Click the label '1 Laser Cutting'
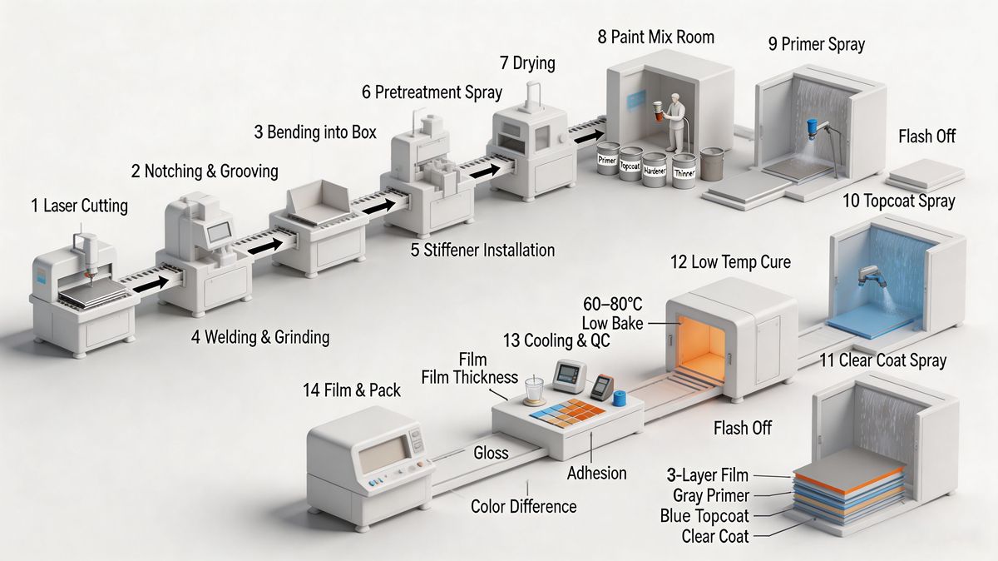coord(79,206)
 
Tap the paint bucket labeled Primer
coord(608,158)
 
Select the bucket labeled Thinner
coord(684,171)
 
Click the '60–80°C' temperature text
coord(613,304)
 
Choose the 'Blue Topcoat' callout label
coord(704,516)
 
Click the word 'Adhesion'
coord(596,473)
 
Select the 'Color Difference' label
coord(523,507)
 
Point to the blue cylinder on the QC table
coord(620,398)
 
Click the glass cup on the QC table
coord(534,390)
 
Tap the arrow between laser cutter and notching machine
coord(151,284)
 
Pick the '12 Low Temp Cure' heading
coord(731,262)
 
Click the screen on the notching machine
coord(220,232)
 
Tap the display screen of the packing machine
coord(384,454)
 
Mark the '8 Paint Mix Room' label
coord(656,37)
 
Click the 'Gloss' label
coord(491,453)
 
